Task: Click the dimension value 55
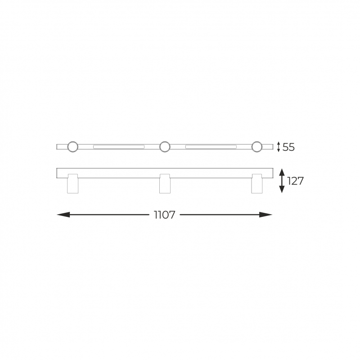pos(288,147)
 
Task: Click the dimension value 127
pos(296,181)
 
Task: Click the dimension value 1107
pos(164,215)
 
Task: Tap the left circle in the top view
pos(73,147)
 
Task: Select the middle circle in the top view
pos(165,147)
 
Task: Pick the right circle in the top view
pos(256,147)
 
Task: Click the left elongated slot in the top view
pos(119,147)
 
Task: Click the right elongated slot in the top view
pos(211,147)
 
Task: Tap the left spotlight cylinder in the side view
pos(73,184)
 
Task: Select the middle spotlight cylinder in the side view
pos(165,184)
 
